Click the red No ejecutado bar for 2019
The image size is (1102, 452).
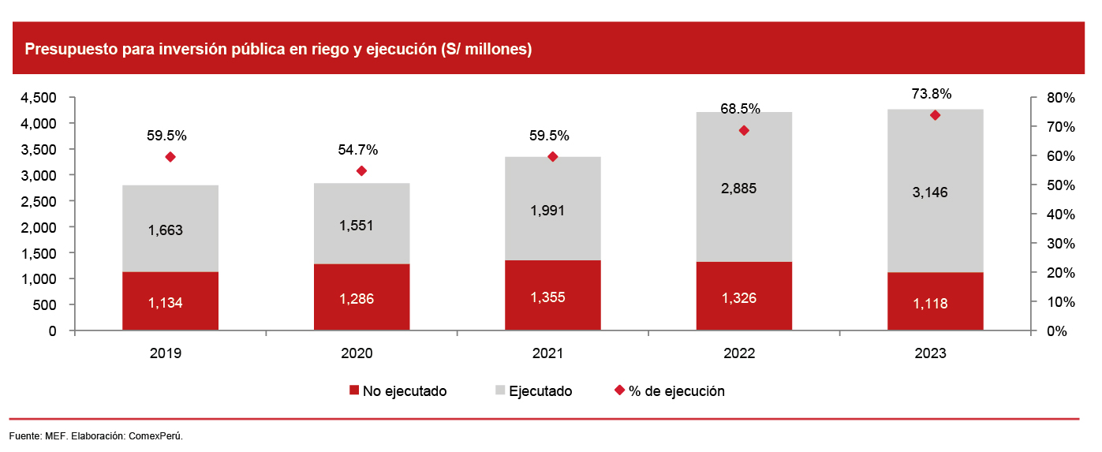pyautogui.click(x=170, y=301)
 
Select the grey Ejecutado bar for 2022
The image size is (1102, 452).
pyautogui.click(x=744, y=187)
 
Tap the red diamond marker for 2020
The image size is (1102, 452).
pyautogui.click(x=362, y=171)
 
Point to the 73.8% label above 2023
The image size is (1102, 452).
pyautogui.click(x=932, y=94)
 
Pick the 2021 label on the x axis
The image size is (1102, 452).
pyautogui.click(x=548, y=353)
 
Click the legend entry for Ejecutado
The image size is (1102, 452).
pyautogui.click(x=540, y=391)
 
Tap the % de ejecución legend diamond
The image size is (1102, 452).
pyautogui.click(x=619, y=390)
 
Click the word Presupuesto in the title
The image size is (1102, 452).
pyautogui.click(x=69, y=50)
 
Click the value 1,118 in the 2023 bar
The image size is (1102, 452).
pyautogui.click(x=936, y=304)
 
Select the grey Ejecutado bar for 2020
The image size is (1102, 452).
pyautogui.click(x=362, y=223)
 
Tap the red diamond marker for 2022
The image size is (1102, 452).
pyautogui.click(x=744, y=131)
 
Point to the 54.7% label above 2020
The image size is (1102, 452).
pyautogui.click(x=357, y=150)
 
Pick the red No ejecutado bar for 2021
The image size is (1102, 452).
pyautogui.click(x=553, y=295)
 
